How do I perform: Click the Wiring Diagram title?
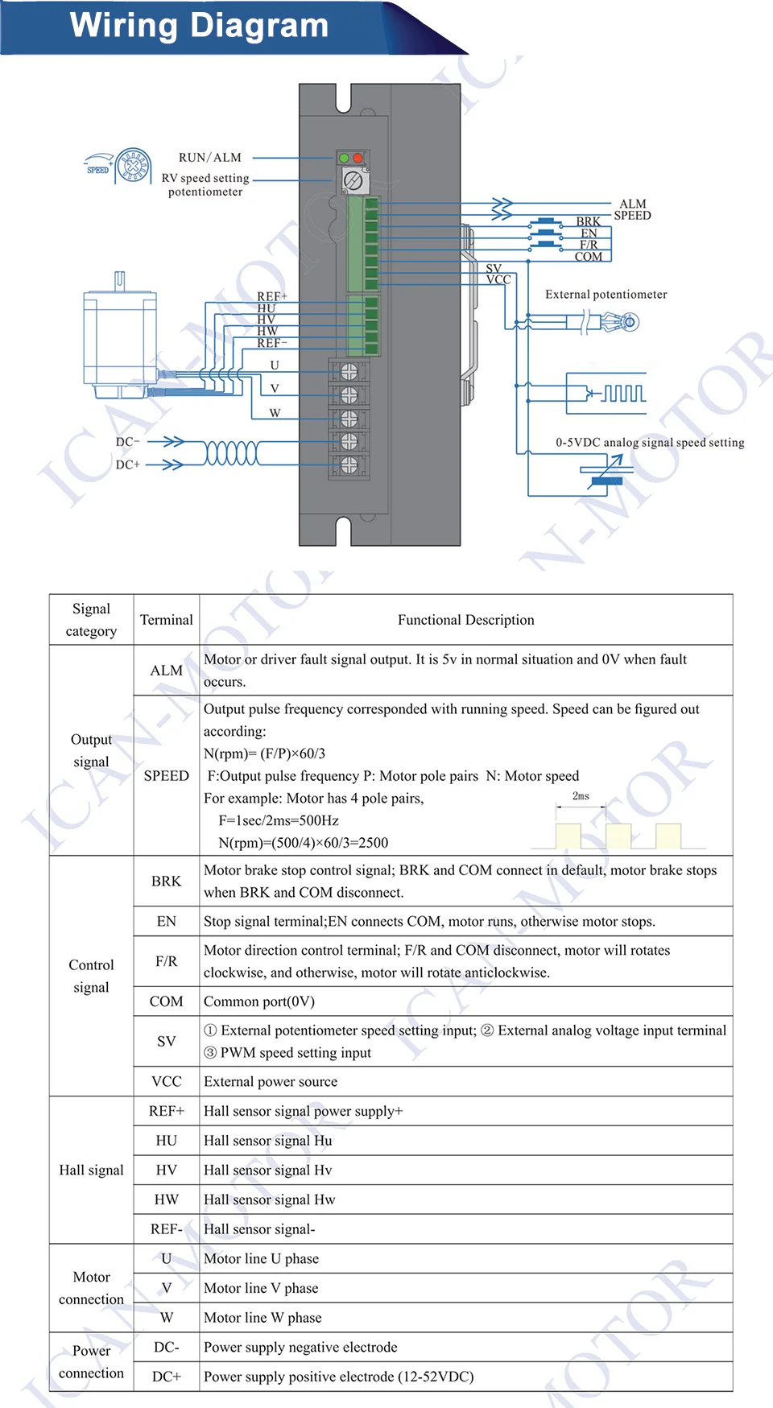click(x=199, y=26)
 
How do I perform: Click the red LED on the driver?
click(x=358, y=159)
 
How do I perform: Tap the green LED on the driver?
click(x=344, y=159)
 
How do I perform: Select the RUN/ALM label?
click(x=209, y=158)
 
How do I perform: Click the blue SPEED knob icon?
click(x=133, y=166)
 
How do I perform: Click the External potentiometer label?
click(x=606, y=295)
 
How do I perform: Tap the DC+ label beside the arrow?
click(x=127, y=465)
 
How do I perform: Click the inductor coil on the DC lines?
click(x=232, y=453)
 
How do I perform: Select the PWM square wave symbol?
click(x=624, y=394)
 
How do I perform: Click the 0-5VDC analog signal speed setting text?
click(x=649, y=442)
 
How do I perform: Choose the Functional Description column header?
click(x=465, y=620)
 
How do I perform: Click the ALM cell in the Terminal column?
click(x=166, y=671)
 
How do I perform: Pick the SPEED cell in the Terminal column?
click(x=166, y=776)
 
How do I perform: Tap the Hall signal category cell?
click(x=91, y=1170)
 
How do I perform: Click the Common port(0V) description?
click(x=259, y=1001)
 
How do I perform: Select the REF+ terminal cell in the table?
click(x=166, y=1111)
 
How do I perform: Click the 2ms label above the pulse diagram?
click(x=581, y=796)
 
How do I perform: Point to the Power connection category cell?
click(x=91, y=1361)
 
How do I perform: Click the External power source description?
click(x=271, y=1082)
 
